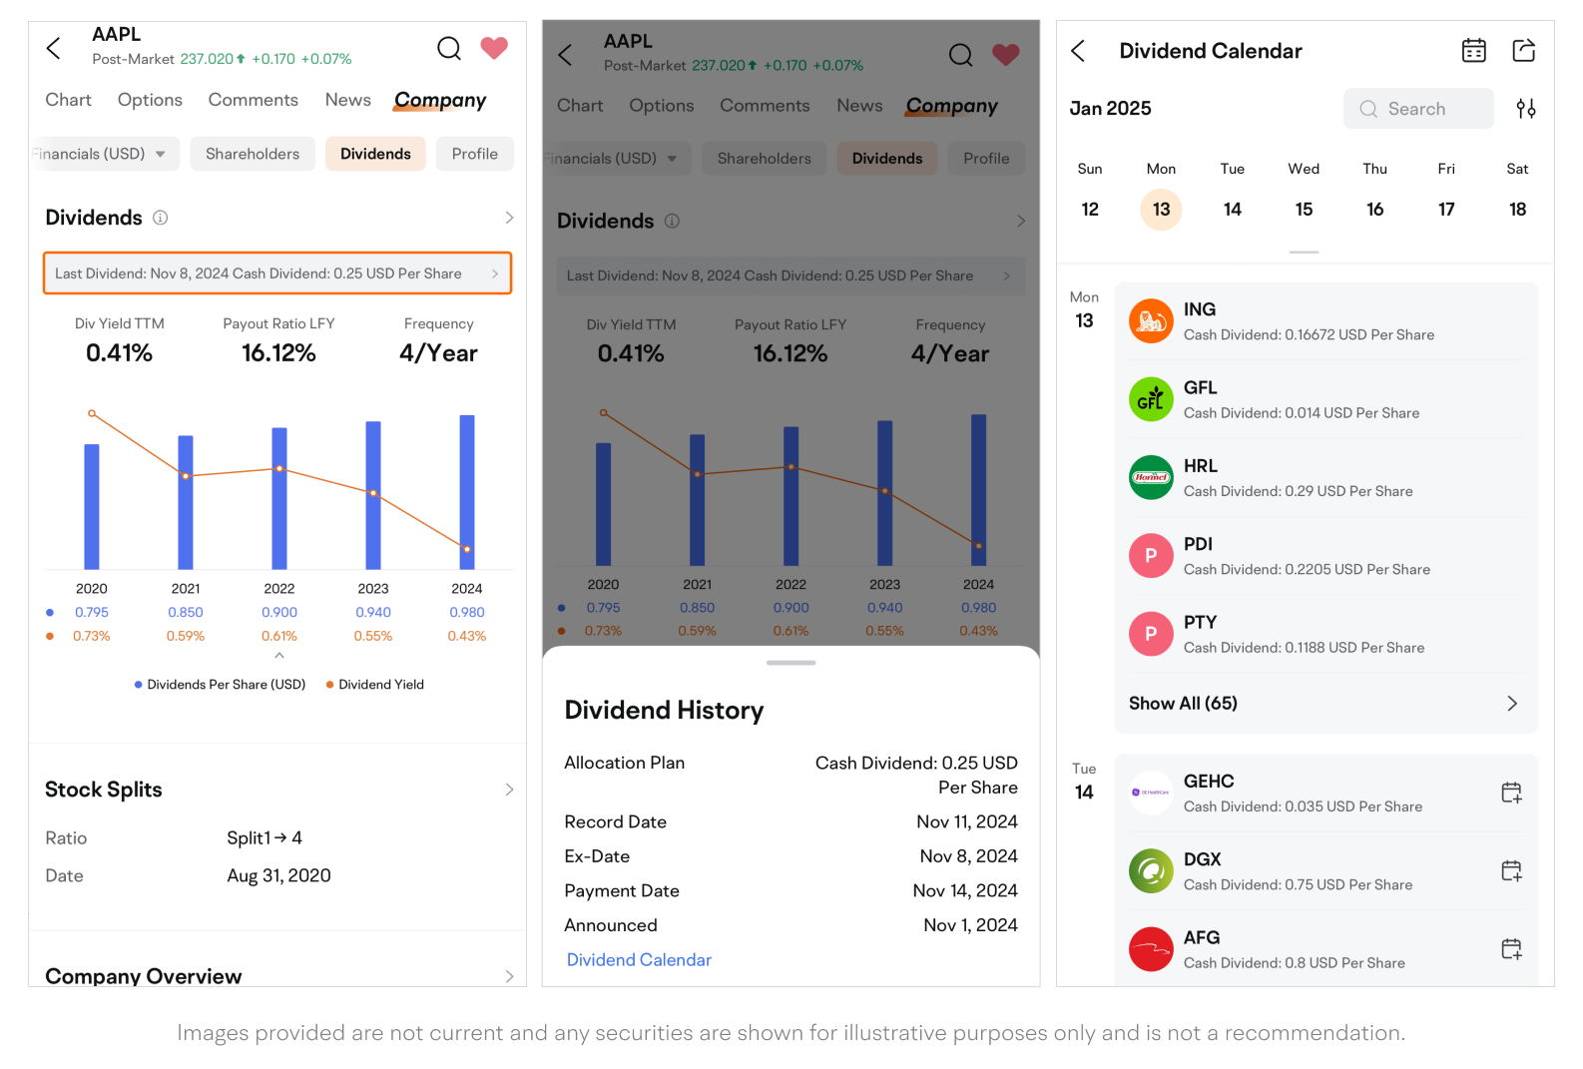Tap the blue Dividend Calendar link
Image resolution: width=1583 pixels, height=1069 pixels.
(x=639, y=960)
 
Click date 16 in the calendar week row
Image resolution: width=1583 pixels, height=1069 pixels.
(x=1374, y=210)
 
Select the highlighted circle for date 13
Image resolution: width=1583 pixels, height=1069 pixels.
(x=1161, y=210)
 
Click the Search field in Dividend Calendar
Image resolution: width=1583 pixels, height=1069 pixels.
(x=1417, y=109)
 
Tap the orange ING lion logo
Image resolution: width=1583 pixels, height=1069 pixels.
(x=1151, y=321)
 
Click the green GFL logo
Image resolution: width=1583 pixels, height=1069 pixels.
(x=1151, y=399)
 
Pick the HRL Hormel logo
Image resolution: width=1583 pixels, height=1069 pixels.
(x=1151, y=477)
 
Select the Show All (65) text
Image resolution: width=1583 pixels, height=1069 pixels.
(x=1183, y=704)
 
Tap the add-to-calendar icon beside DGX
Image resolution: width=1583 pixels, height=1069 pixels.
(x=1511, y=871)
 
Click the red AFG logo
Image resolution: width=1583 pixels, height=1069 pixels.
(x=1151, y=949)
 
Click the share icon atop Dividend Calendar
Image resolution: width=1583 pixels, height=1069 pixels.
(x=1523, y=51)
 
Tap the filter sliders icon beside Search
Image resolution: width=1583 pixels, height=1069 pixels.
(x=1525, y=109)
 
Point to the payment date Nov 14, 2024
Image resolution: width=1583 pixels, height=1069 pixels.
(x=965, y=891)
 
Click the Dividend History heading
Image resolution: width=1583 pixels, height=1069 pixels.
(x=664, y=711)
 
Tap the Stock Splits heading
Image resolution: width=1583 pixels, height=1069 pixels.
(x=104, y=790)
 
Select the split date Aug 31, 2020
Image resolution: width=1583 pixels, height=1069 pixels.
(x=278, y=876)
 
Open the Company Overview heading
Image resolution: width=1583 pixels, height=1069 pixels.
(x=144, y=975)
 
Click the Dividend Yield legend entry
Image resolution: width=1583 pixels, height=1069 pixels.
(x=380, y=685)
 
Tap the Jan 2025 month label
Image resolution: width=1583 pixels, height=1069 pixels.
(x=1110, y=109)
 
